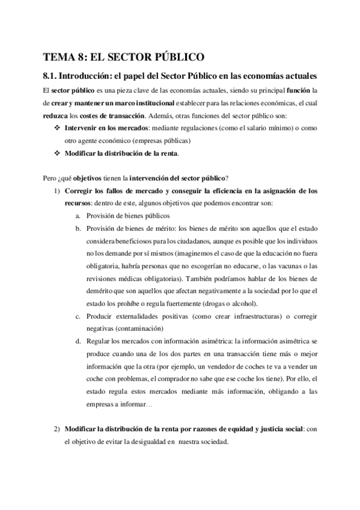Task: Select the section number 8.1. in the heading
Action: tap(52, 77)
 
